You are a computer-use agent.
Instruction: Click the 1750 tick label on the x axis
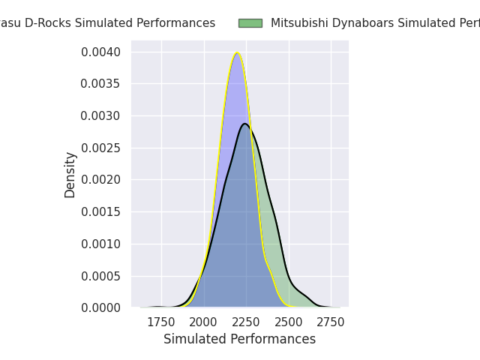pyautogui.click(x=161, y=322)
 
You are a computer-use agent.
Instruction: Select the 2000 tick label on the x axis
pyautogui.click(x=204, y=322)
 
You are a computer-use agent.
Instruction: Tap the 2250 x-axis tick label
pyautogui.click(x=246, y=322)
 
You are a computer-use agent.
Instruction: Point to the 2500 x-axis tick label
pyautogui.click(x=289, y=322)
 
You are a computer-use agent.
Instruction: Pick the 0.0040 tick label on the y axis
pyautogui.click(x=101, y=52)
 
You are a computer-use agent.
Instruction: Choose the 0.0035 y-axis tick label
pyautogui.click(x=101, y=84)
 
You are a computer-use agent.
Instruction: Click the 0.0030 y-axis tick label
pyautogui.click(x=101, y=115)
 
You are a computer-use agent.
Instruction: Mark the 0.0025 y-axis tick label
pyautogui.click(x=101, y=148)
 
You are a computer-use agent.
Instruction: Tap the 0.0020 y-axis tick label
pyautogui.click(x=101, y=180)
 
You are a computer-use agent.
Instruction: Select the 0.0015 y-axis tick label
pyautogui.click(x=101, y=211)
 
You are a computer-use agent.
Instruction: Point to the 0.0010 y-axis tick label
pyautogui.click(x=101, y=244)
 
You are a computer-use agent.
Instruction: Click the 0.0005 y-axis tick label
pyautogui.click(x=101, y=276)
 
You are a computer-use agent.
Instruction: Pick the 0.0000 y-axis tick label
pyautogui.click(x=101, y=307)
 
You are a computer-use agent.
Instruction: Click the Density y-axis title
pyautogui.click(x=70, y=175)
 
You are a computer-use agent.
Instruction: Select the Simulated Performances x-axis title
pyautogui.click(x=239, y=339)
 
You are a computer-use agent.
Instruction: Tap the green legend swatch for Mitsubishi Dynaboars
pyautogui.click(x=250, y=23)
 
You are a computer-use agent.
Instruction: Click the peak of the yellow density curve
pyautogui.click(x=237, y=52)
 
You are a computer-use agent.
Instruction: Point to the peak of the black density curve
pyautogui.click(x=245, y=124)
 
